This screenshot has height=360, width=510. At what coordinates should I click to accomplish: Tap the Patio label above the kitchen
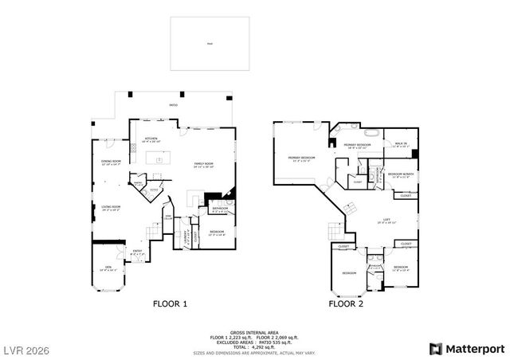(174, 105)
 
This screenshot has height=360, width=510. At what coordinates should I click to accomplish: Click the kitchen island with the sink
(159, 160)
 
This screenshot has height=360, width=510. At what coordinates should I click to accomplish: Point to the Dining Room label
(111, 163)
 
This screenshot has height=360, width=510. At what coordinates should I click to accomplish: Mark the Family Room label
(204, 165)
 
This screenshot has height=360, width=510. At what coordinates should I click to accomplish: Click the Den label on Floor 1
(107, 268)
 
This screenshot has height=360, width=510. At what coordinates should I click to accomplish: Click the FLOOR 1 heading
(170, 303)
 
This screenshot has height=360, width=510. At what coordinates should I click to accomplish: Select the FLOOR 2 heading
(347, 303)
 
